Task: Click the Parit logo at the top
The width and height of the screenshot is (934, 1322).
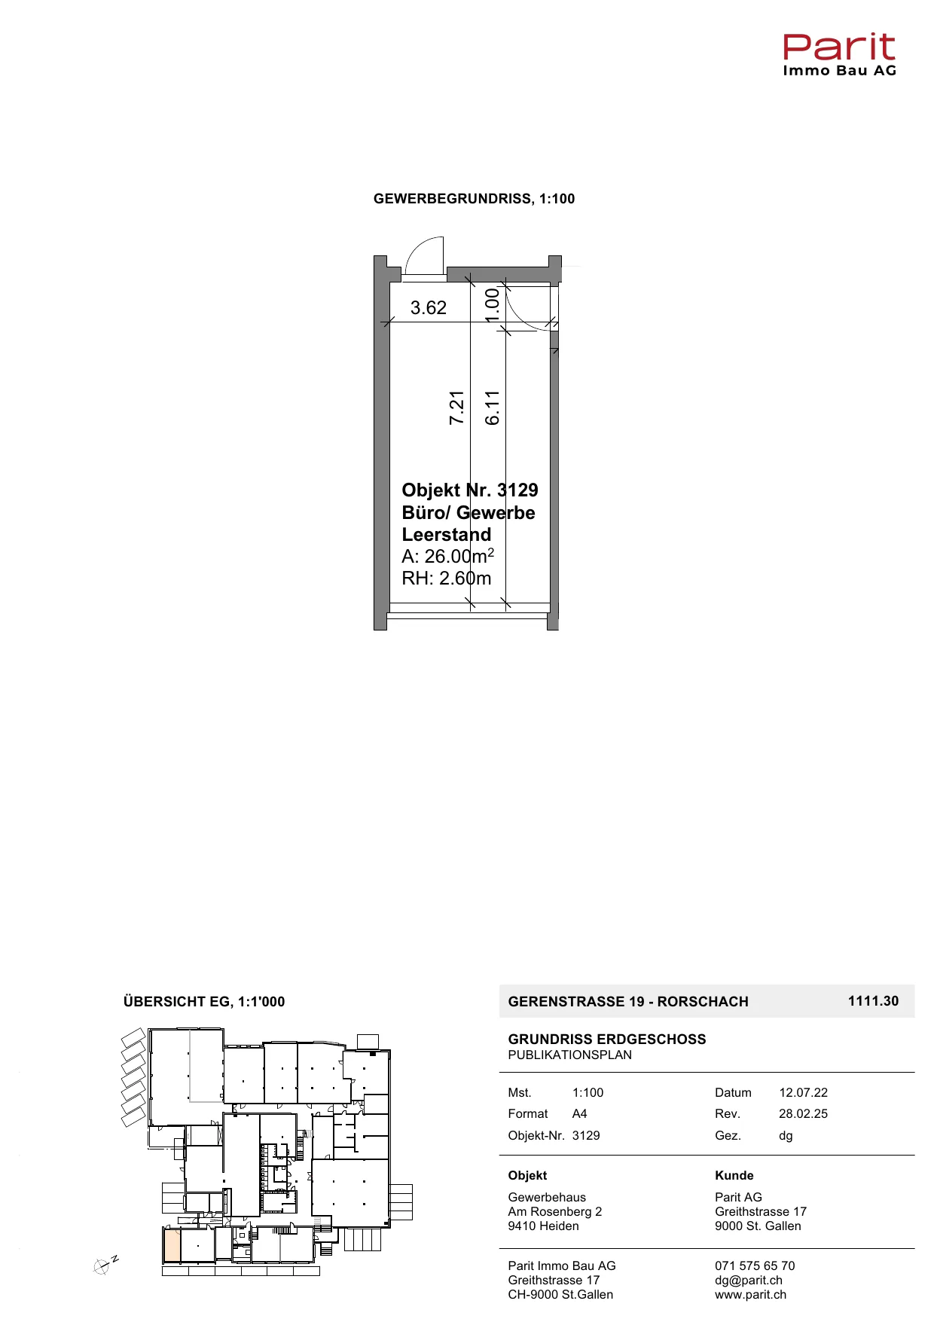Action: pyautogui.click(x=839, y=54)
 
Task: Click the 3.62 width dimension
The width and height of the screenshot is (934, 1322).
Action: pyautogui.click(x=428, y=307)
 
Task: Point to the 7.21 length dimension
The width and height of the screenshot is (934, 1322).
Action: pyautogui.click(x=456, y=408)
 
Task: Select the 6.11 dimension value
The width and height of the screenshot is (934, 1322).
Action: pyautogui.click(x=492, y=408)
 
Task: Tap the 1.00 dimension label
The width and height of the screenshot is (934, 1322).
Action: pyautogui.click(x=492, y=304)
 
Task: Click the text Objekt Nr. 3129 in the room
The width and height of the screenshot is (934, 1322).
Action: pyautogui.click(x=470, y=490)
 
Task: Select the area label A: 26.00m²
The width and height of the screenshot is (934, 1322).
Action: pyautogui.click(x=448, y=556)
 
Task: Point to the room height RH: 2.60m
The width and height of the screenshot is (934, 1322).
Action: pyautogui.click(x=447, y=579)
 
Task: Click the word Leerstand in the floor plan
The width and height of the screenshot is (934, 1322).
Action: pyautogui.click(x=447, y=535)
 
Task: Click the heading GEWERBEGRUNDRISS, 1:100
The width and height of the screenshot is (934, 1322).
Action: pyautogui.click(x=475, y=199)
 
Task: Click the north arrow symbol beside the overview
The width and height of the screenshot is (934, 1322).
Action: pyautogui.click(x=104, y=1266)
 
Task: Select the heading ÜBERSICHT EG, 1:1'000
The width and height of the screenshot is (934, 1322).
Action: pyautogui.click(x=204, y=1002)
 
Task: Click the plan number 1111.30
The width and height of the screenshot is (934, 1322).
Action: pyautogui.click(x=874, y=1001)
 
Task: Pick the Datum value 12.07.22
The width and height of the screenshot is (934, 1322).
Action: pyautogui.click(x=804, y=1093)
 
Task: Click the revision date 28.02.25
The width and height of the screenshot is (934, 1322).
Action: pyautogui.click(x=804, y=1114)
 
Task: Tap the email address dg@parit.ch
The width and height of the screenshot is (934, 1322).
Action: pyautogui.click(x=749, y=1281)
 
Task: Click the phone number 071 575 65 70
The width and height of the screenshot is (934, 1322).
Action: pyautogui.click(x=755, y=1266)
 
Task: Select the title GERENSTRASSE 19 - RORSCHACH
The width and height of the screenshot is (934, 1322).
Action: pyautogui.click(x=628, y=1002)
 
